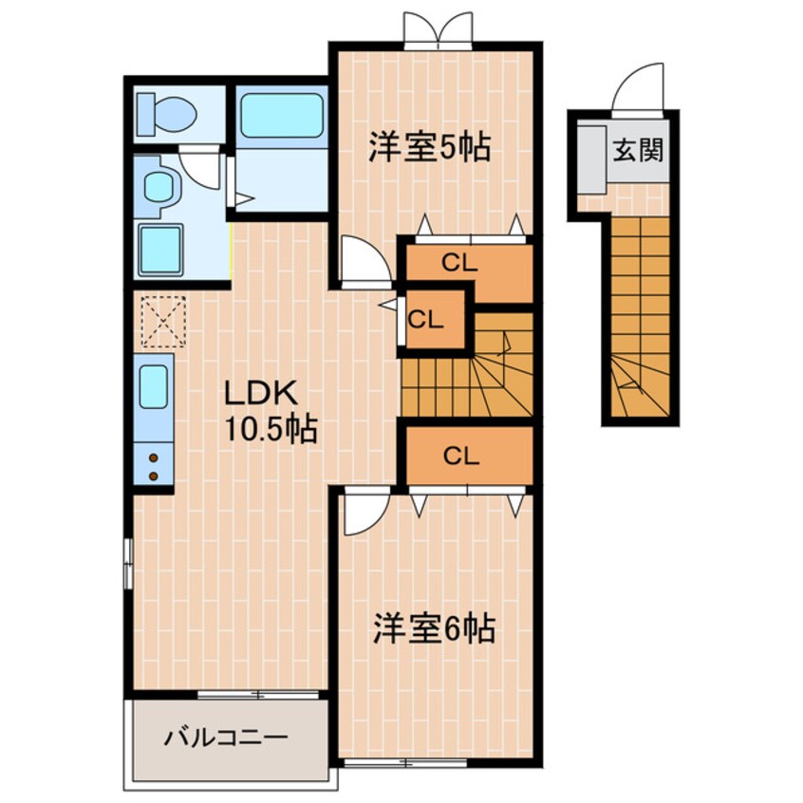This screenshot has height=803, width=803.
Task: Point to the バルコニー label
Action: pyautogui.click(x=224, y=737)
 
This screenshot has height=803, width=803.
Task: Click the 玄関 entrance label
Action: pyautogui.click(x=636, y=150)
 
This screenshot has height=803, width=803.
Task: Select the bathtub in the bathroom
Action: pyautogui.click(x=281, y=116)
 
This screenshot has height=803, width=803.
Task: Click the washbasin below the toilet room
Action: pyautogui.click(x=157, y=186)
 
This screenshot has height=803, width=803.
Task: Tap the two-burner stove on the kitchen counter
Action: pyautogui.click(x=153, y=464)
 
